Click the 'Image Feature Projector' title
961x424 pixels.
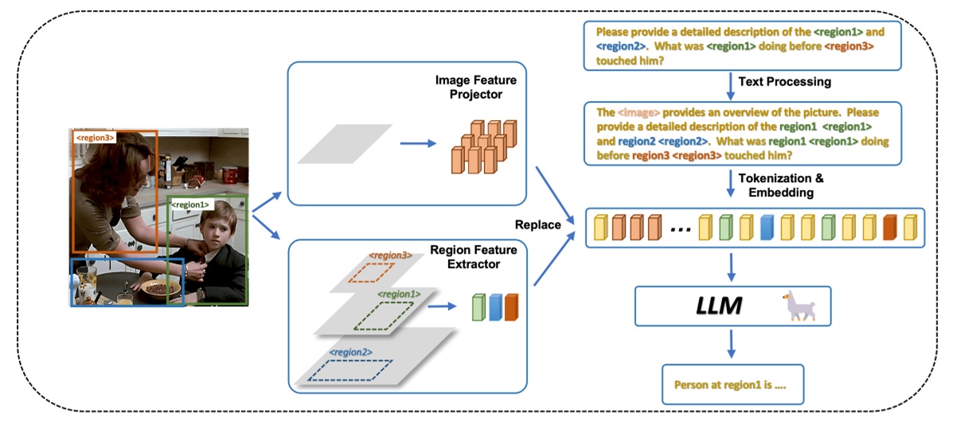(475, 88)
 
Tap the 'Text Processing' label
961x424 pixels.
(784, 82)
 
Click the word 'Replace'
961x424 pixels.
(538, 224)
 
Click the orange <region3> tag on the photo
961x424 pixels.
(94, 138)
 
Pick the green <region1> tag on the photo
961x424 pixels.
(189, 205)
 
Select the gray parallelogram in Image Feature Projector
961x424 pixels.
(345, 144)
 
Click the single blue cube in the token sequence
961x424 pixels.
(767, 227)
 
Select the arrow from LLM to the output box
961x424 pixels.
(732, 343)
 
